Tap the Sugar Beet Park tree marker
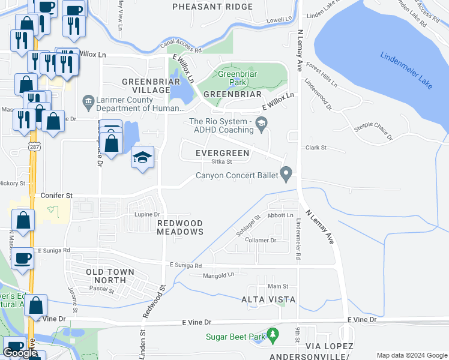273,334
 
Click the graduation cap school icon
142,157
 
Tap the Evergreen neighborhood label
222,153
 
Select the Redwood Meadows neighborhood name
180,227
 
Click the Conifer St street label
56,196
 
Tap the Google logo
20,353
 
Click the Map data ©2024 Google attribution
411,355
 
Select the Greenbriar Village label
146,86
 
